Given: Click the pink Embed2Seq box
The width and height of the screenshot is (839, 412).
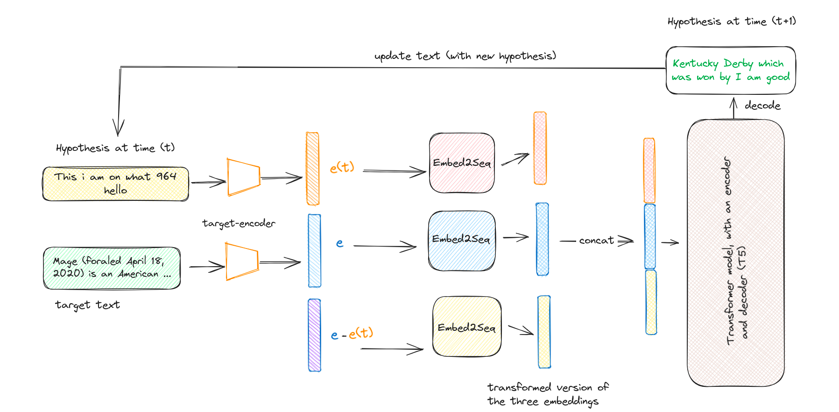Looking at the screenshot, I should point(462,163).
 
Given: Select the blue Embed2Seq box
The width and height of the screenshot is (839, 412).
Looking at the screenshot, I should point(462,240).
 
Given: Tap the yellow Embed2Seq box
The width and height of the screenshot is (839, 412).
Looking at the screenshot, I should point(466,327).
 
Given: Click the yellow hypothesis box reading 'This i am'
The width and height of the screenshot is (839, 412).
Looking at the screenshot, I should point(115,184).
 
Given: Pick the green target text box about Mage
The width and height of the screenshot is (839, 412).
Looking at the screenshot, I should point(112,268).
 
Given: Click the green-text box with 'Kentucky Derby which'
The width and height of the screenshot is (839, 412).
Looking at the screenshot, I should point(730,70).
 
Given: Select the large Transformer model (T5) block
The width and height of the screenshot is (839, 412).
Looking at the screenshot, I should point(735,252).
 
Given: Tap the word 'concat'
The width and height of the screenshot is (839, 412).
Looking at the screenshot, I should point(596,241).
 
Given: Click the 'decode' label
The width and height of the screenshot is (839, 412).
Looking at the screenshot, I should point(762,106).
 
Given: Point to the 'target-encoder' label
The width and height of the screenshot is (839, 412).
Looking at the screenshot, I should point(239,223).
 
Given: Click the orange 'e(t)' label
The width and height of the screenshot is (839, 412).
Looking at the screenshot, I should point(342,167).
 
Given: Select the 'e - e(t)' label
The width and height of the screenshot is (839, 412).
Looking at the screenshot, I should point(352,334).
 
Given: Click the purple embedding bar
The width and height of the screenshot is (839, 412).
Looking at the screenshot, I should point(314,335).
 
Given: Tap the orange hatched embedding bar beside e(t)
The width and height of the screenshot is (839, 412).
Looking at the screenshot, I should point(312,169).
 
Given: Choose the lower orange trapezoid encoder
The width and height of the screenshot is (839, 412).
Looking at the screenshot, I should point(241,262).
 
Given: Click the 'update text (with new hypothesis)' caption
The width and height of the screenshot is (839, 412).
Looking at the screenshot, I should point(465,56).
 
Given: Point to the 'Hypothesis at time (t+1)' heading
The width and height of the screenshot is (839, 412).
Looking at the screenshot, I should point(731,21).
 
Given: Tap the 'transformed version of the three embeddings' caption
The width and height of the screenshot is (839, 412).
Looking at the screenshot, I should point(547,394).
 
